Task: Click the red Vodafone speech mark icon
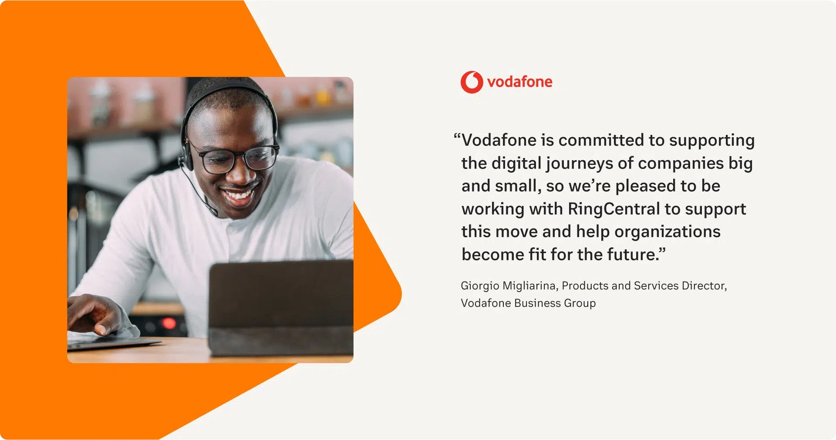click(472, 82)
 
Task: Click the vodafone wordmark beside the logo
click(520, 81)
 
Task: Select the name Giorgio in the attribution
click(480, 286)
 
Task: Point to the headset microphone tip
click(214, 212)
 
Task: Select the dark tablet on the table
click(281, 308)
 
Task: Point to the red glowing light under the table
click(169, 323)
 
